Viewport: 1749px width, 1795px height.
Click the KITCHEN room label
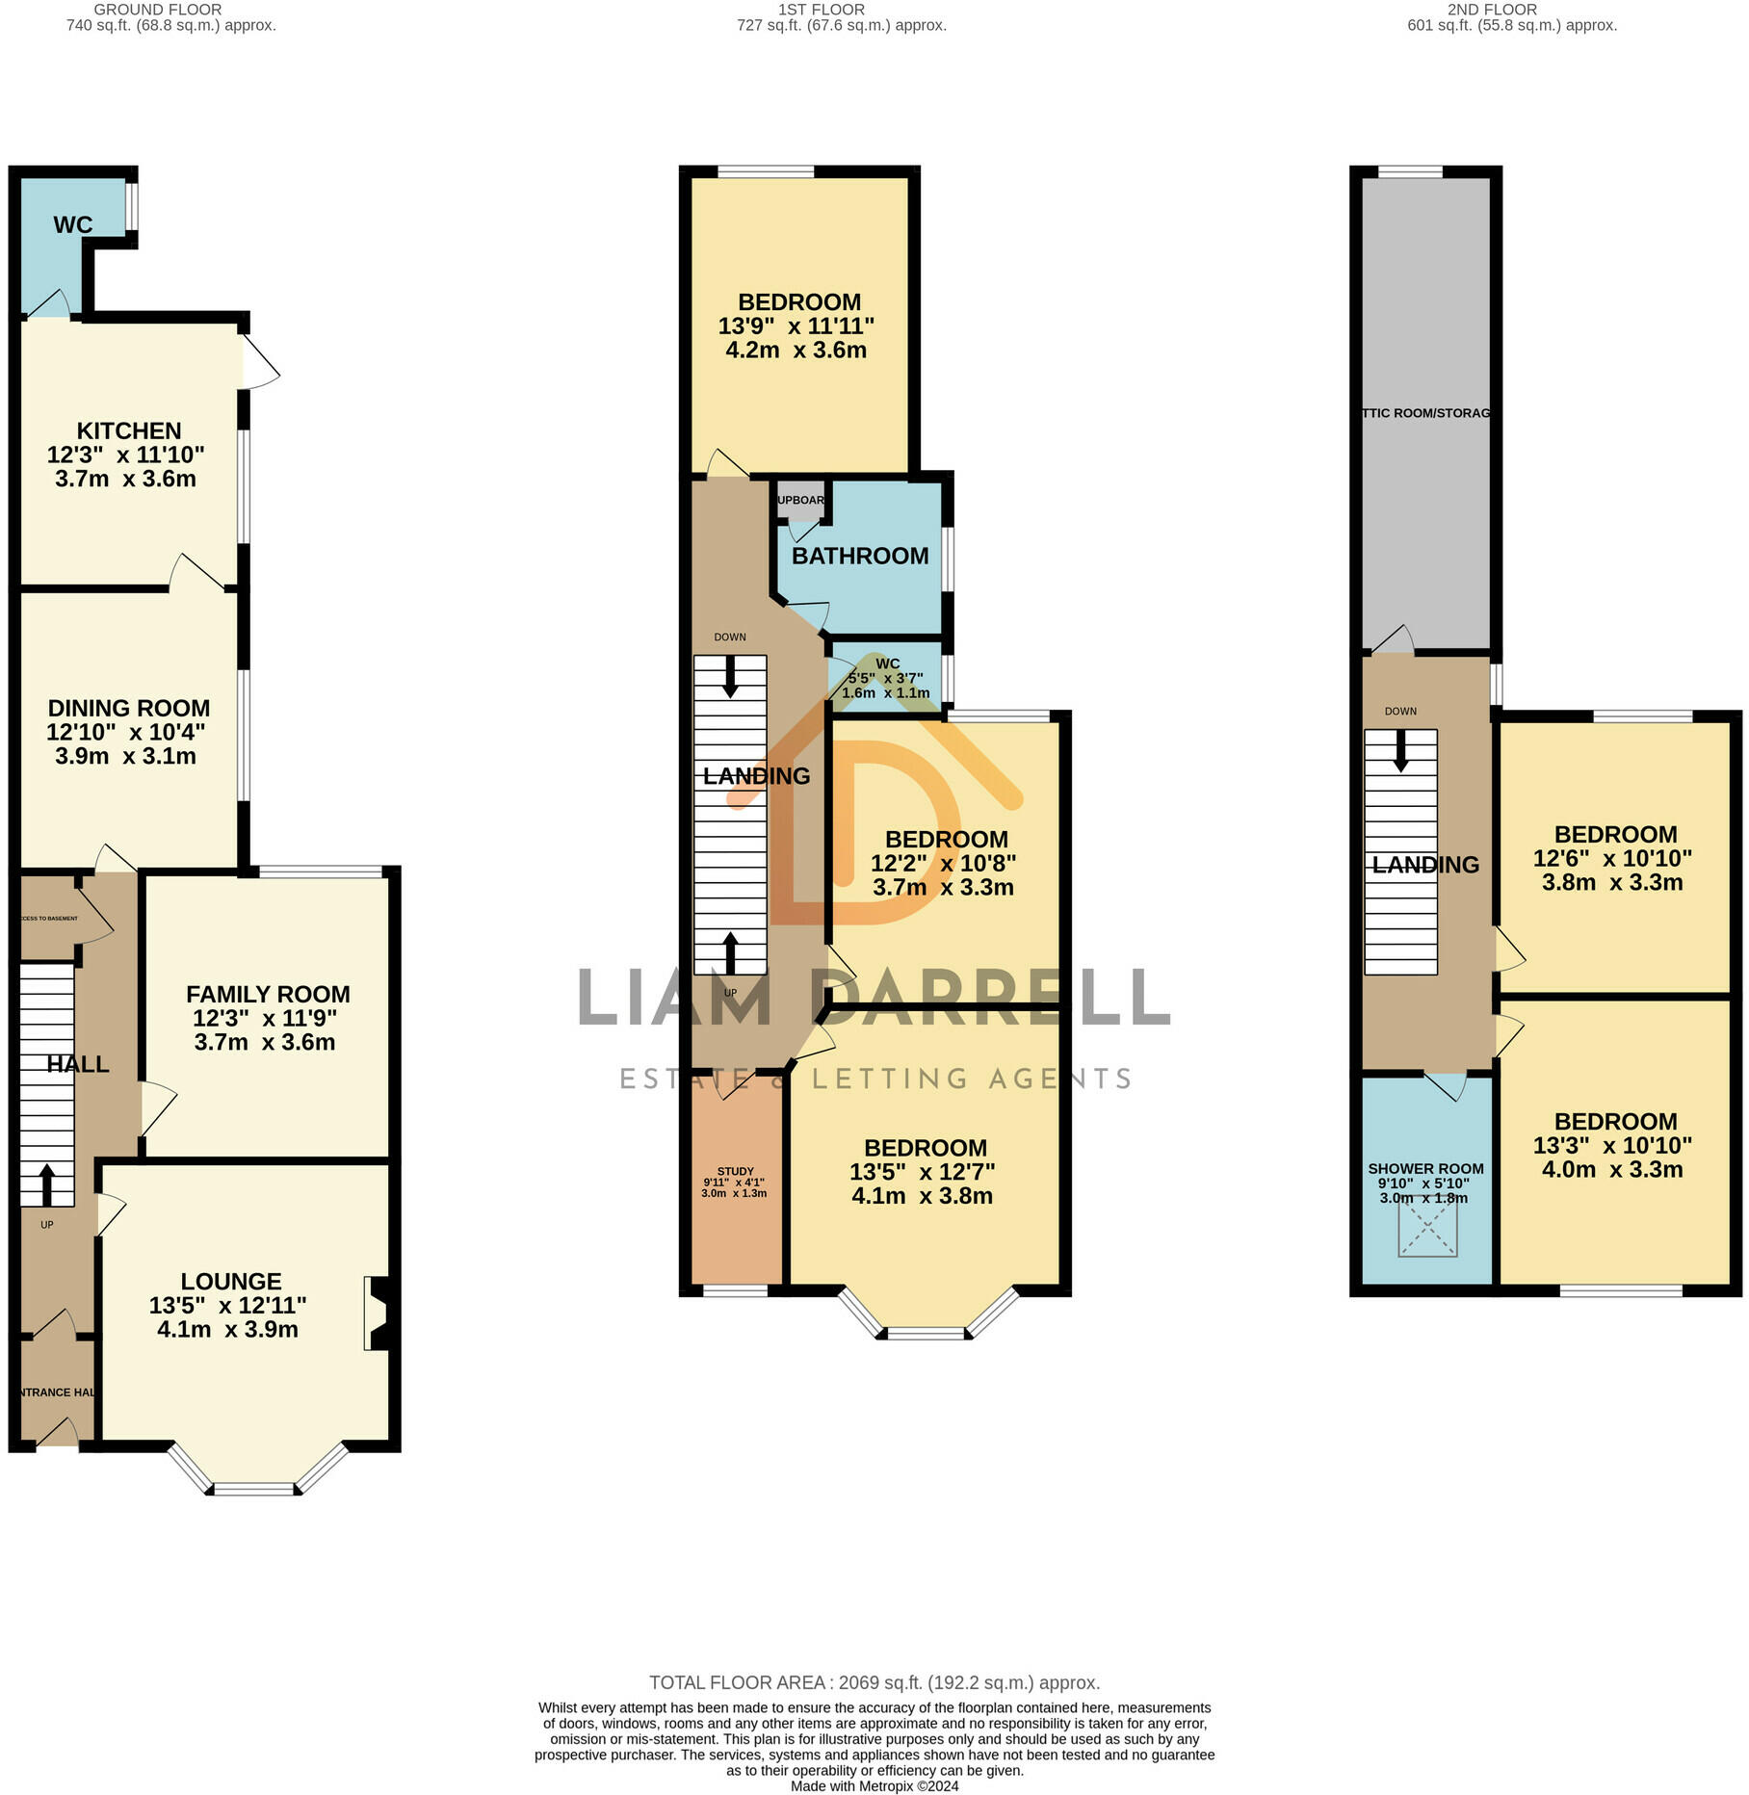129,430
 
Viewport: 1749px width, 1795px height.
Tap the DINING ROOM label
129,708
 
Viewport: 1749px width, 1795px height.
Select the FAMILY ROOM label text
268,994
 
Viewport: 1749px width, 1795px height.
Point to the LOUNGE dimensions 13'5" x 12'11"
227,1305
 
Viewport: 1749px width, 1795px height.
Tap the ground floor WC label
73,225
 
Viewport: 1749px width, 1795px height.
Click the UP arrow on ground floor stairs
46,1184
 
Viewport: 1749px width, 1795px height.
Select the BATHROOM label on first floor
860,556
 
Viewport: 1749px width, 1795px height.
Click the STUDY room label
735,1171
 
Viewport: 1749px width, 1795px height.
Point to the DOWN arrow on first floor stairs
730,676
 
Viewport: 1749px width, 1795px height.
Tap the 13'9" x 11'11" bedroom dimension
796,326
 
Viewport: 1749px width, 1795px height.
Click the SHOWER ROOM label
1425,1169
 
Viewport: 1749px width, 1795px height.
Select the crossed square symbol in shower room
1427,1227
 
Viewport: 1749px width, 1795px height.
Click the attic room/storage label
1426,413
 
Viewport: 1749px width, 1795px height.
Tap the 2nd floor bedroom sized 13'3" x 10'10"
1614,1145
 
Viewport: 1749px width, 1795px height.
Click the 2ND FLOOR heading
1491,10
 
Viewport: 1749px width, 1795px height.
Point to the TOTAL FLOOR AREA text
874,1682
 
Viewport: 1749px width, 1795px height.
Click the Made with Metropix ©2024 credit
874,1786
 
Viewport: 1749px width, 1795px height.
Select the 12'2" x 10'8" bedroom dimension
943,863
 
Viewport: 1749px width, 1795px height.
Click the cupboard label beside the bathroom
801,500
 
